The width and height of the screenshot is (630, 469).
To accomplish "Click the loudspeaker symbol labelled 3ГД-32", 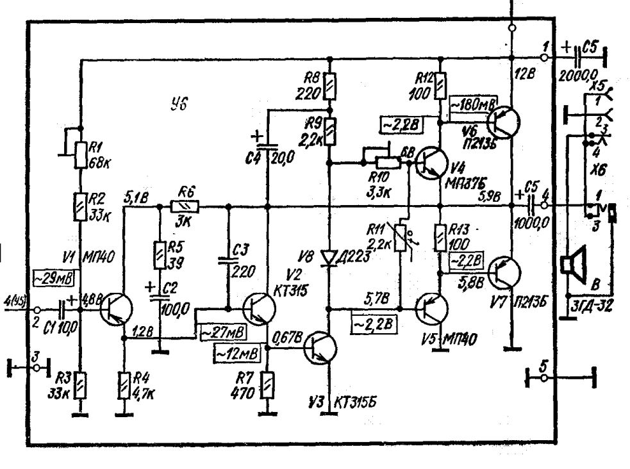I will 572,266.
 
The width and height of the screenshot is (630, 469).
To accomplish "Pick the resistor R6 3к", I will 185,207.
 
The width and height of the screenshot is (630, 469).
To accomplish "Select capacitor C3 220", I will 227,260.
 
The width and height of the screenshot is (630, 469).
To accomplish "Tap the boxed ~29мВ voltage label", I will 53,278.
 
